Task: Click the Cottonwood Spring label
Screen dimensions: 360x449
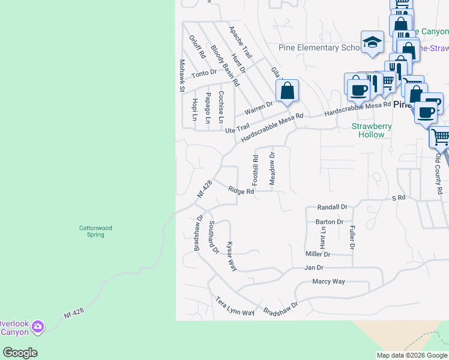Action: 95,231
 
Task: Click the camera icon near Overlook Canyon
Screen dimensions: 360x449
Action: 38,326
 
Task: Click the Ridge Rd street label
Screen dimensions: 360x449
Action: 241,190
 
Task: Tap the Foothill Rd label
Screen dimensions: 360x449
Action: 255,169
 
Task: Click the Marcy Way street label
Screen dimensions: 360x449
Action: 328,281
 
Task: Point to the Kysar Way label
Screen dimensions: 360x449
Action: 231,256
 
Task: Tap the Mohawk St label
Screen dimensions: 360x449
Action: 181,76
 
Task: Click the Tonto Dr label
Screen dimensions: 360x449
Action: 203,73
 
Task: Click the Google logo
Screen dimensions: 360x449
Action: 20,353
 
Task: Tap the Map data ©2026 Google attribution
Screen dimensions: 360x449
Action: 412,355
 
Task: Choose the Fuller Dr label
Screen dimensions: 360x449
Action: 352,237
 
